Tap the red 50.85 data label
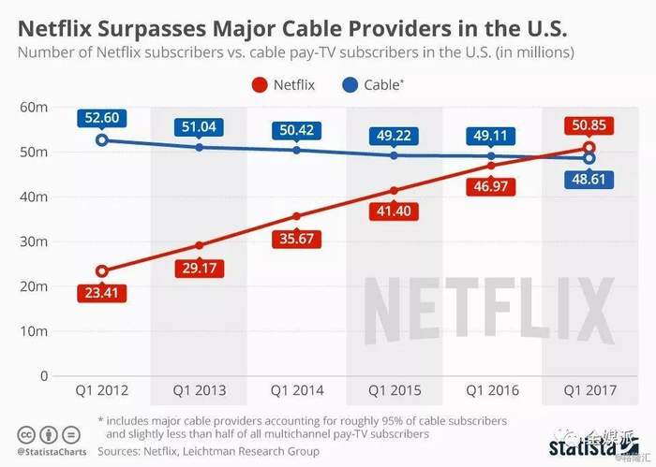click(589, 124)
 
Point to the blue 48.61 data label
click(589, 181)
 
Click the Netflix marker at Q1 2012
click(102, 271)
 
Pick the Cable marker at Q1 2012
click(102, 140)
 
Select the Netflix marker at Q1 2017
click(589, 148)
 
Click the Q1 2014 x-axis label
click(297, 390)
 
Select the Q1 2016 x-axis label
click(491, 390)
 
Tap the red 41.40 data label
click(395, 213)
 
